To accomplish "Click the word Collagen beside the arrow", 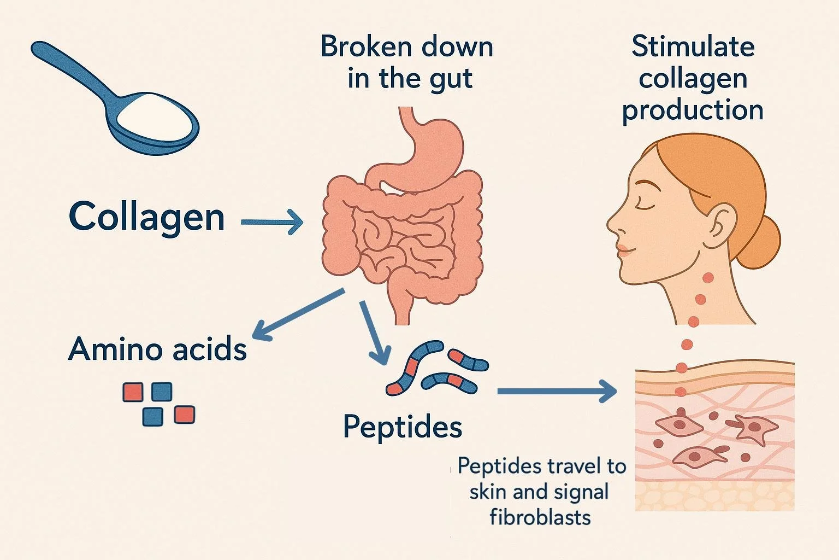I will click(x=146, y=218).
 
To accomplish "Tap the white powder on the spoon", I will click(x=156, y=115).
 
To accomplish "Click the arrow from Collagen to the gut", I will click(x=272, y=222).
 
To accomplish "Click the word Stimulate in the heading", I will click(x=693, y=46).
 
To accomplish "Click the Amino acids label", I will click(x=157, y=349).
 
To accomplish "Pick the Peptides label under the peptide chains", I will click(x=403, y=427).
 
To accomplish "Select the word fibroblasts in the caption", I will click(x=540, y=517).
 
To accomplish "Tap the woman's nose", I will click(x=613, y=225).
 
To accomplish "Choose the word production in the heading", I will click(x=693, y=109).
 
